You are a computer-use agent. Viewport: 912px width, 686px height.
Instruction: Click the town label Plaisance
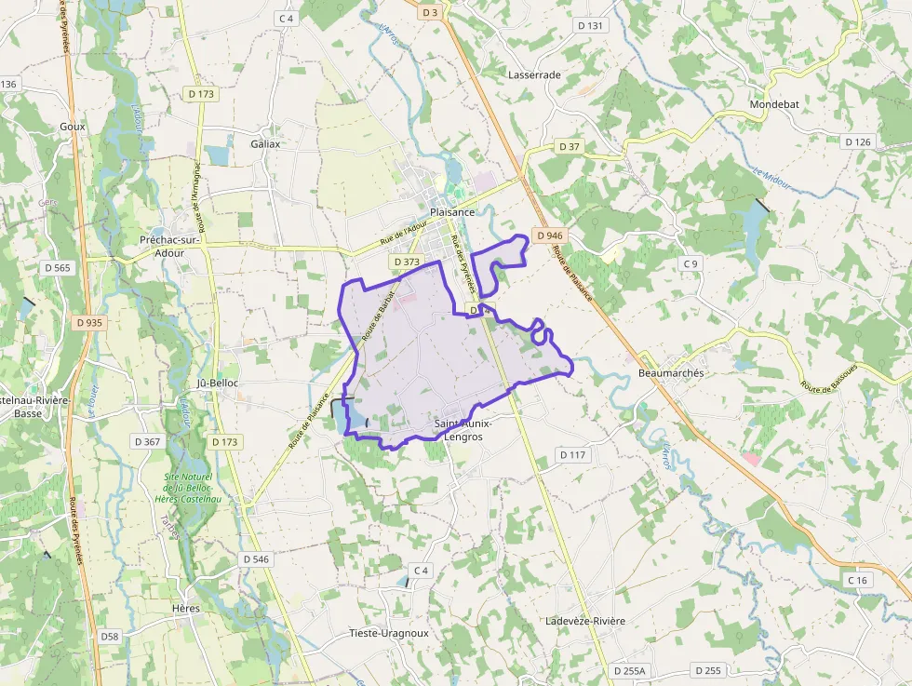[452, 212]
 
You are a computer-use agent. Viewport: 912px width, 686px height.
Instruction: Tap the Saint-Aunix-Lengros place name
[463, 430]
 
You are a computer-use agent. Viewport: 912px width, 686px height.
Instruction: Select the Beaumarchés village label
[672, 373]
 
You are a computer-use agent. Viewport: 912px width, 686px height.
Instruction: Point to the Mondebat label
[774, 105]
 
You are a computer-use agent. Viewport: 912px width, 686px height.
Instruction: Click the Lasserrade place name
[534, 74]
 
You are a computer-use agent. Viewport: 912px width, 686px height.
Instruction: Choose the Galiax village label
[265, 144]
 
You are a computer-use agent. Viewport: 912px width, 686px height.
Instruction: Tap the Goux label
[72, 127]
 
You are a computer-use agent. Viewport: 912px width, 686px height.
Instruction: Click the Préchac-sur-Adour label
[168, 246]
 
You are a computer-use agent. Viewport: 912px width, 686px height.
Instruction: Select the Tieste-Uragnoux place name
[388, 633]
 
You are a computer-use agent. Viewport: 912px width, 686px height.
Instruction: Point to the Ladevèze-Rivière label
[585, 621]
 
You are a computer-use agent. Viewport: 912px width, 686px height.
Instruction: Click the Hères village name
[186, 608]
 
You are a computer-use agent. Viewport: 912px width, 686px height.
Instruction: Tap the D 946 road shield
[549, 235]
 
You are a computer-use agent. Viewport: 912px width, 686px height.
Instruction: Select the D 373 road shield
[407, 262]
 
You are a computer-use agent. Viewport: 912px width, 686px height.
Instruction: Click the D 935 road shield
[89, 322]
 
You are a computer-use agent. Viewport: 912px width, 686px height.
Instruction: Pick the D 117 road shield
[573, 454]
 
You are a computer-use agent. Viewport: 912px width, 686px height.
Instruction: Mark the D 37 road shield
[570, 147]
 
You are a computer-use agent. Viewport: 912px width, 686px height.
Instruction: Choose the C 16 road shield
[857, 580]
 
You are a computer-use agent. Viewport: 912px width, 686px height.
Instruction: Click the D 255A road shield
[629, 671]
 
